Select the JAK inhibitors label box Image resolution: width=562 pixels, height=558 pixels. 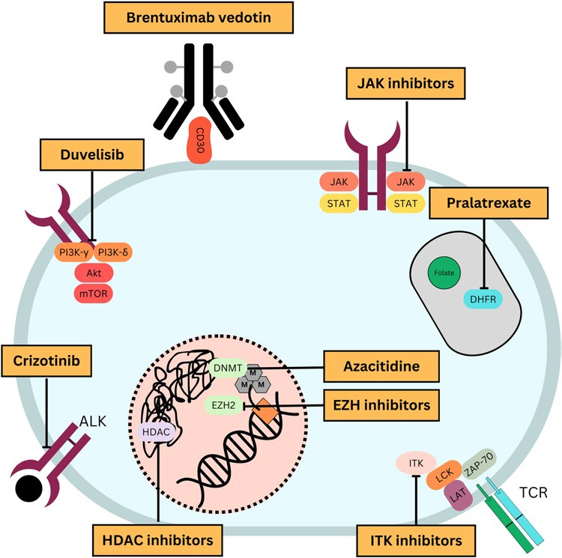click(406, 84)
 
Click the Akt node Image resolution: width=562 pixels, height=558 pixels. click(93, 274)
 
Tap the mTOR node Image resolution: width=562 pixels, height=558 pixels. click(93, 294)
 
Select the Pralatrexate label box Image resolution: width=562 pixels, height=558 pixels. click(483, 203)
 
